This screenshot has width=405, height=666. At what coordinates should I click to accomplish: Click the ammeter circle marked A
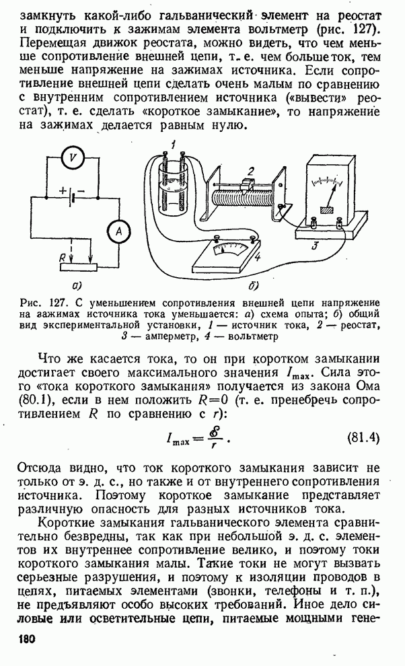[x=118, y=231]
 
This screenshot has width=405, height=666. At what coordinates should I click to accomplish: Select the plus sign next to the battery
[x=63, y=190]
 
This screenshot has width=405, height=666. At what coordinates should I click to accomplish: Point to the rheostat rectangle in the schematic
[x=79, y=267]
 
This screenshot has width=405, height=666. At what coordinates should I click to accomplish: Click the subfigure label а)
[x=79, y=283]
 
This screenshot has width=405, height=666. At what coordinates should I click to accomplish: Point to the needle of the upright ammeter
[x=330, y=196]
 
